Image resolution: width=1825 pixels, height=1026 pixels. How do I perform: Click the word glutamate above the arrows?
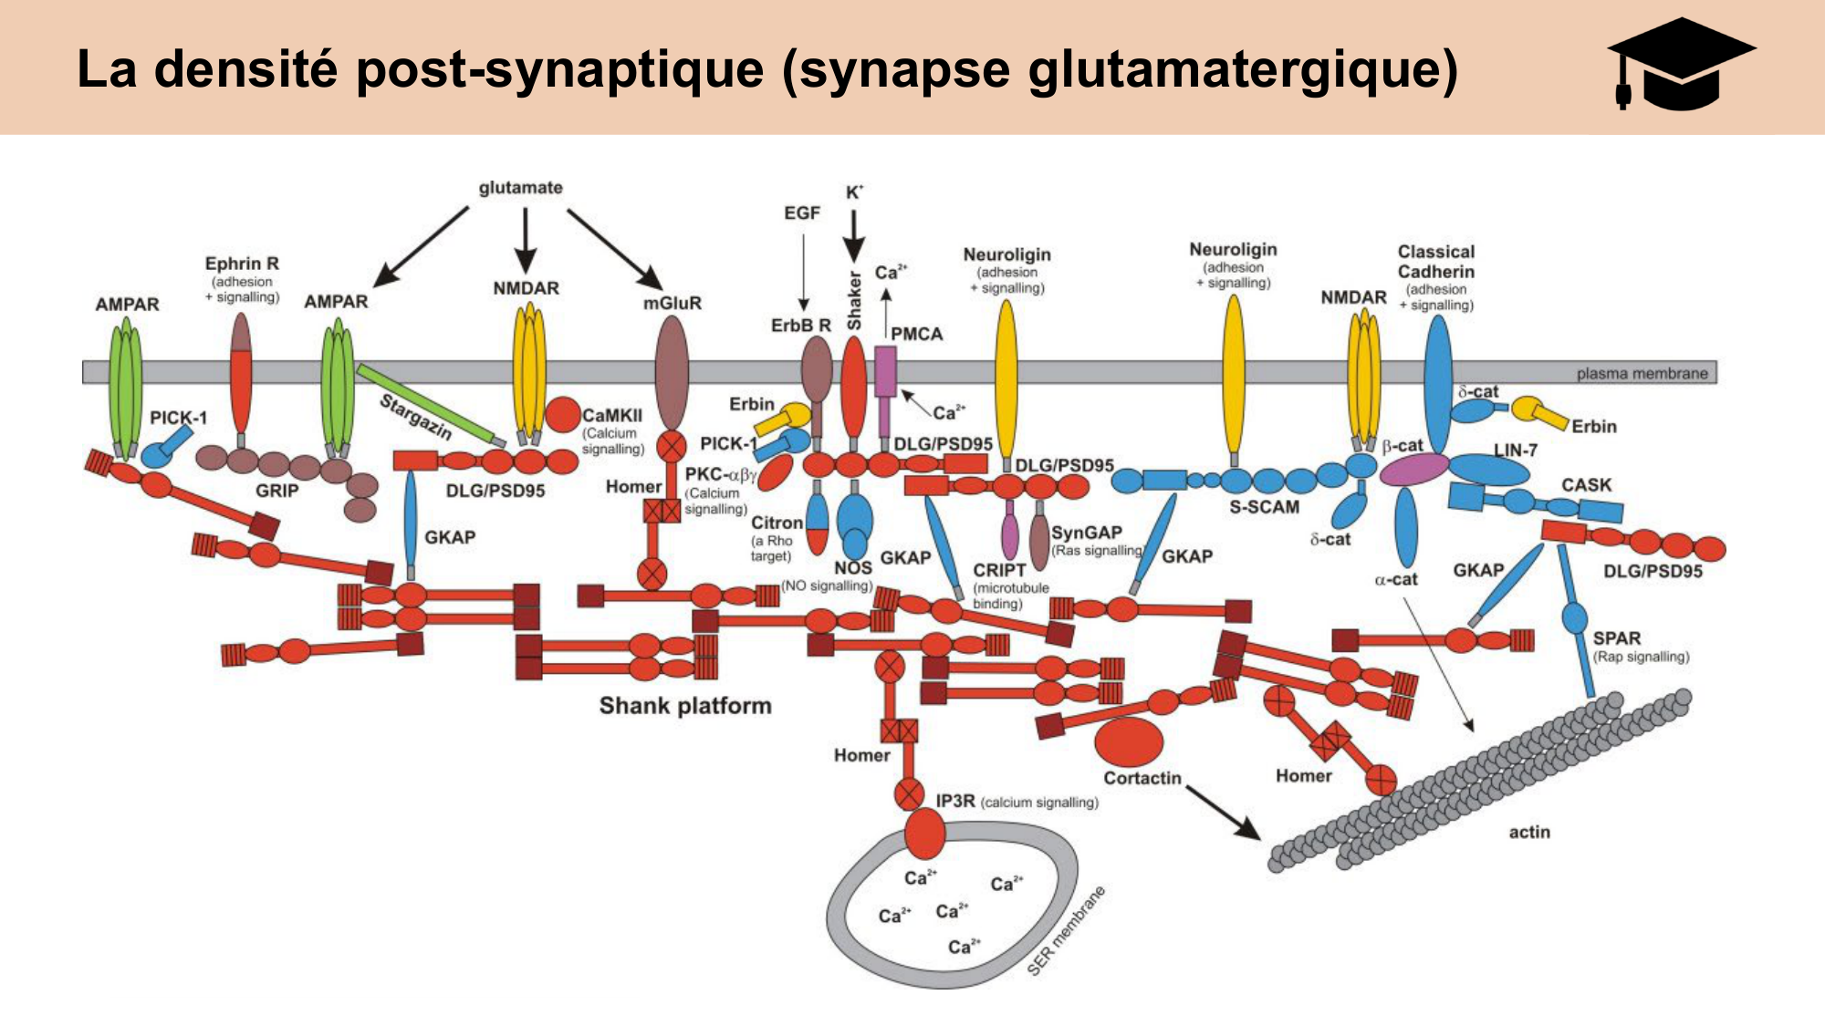tap(520, 188)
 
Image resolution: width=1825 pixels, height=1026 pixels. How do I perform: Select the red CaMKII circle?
tap(562, 414)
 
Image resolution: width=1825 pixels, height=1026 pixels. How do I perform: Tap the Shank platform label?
tap(684, 706)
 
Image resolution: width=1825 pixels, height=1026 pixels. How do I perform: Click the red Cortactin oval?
tap(1129, 741)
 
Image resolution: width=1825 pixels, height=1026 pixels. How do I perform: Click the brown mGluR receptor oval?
tap(672, 372)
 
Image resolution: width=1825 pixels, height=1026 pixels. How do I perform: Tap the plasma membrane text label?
tap(1642, 373)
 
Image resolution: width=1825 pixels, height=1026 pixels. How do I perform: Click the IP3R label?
tap(954, 801)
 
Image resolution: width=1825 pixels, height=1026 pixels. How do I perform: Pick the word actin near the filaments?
tap(1529, 832)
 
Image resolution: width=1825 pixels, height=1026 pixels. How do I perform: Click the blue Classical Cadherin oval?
tap(1438, 383)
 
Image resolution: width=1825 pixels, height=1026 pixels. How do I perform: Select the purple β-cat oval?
tap(1413, 470)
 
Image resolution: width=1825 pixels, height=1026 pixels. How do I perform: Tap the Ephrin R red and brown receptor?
tap(241, 374)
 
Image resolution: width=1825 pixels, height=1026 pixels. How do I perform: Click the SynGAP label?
tap(1086, 533)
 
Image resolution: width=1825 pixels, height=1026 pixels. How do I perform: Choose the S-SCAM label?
tap(1264, 507)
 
